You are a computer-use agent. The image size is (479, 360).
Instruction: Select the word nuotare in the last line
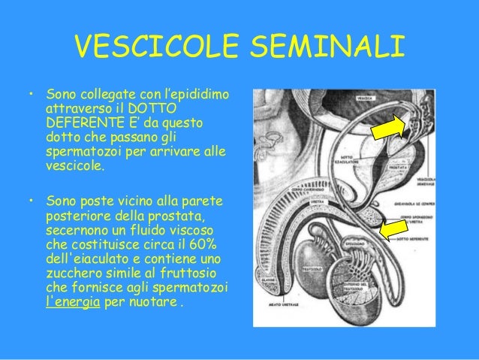click(x=154, y=307)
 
